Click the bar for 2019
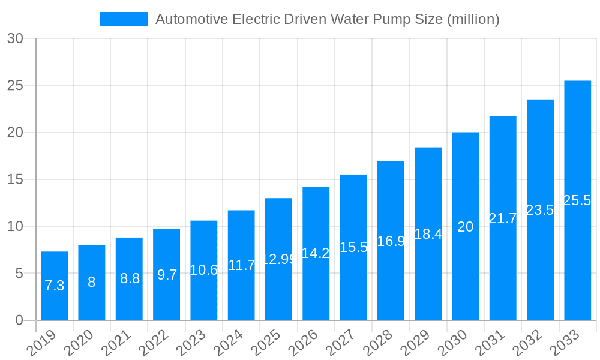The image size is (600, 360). click(x=54, y=286)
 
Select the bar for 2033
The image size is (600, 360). click(x=577, y=200)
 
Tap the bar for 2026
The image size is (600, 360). click(x=316, y=253)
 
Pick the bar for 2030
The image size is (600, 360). click(x=465, y=226)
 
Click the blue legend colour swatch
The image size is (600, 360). click(x=124, y=19)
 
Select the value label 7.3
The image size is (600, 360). click(x=54, y=286)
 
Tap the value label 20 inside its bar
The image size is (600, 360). click(x=465, y=227)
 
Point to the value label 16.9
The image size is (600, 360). click(x=391, y=241)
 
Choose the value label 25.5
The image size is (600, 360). click(x=577, y=200)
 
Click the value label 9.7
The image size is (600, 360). click(x=167, y=275)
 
